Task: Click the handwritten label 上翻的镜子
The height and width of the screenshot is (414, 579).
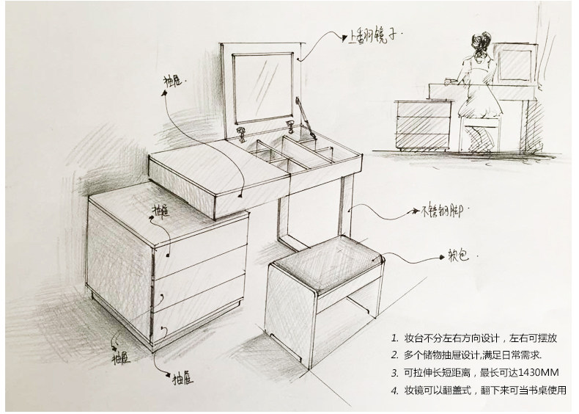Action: coord(373,34)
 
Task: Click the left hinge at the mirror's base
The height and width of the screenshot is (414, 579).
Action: coord(243,132)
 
